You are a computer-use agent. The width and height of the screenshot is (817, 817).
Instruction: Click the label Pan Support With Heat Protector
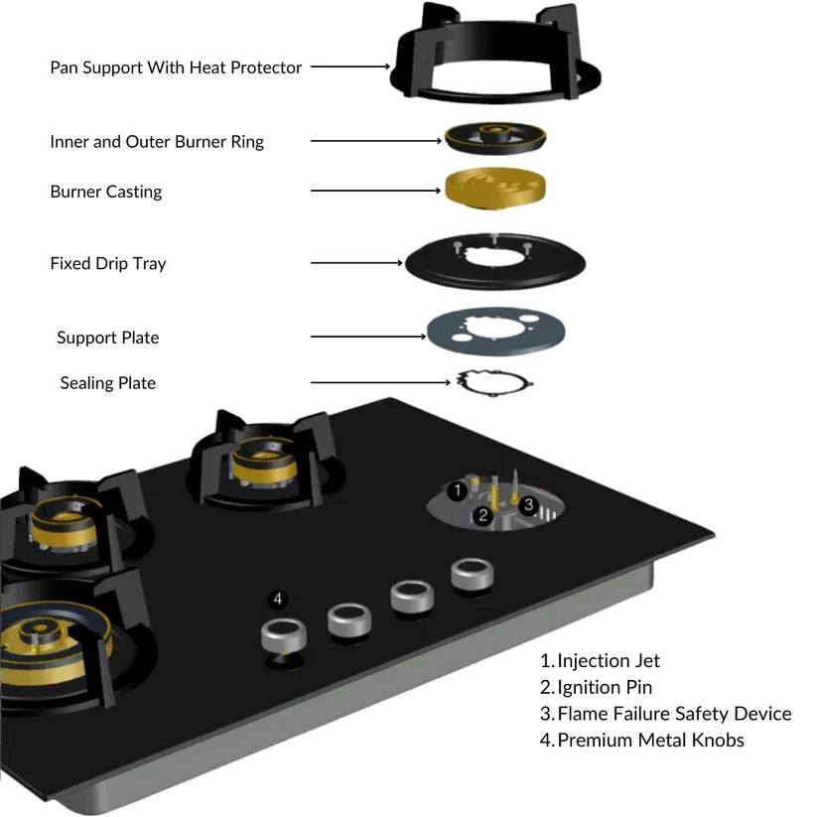click(x=176, y=68)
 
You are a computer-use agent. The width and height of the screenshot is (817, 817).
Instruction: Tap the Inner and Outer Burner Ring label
click(x=157, y=142)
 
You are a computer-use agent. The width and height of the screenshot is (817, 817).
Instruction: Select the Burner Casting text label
click(x=105, y=192)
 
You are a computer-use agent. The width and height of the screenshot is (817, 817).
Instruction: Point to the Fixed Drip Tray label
click(x=108, y=264)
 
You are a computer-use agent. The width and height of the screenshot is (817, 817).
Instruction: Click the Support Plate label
click(x=107, y=338)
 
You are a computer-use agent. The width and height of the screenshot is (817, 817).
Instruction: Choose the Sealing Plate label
click(x=107, y=383)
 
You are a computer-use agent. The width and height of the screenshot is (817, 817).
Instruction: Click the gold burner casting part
click(x=495, y=188)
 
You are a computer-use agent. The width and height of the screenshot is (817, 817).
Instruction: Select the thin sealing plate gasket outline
click(x=494, y=382)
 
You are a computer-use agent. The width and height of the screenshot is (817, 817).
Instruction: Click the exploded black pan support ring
click(x=496, y=60)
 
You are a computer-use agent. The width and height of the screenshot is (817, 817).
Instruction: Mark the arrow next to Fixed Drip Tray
click(x=357, y=263)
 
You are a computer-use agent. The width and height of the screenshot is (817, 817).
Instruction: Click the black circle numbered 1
click(x=457, y=489)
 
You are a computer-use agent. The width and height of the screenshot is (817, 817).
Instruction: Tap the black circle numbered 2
click(x=483, y=514)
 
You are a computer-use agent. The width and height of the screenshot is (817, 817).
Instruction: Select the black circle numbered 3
click(x=529, y=505)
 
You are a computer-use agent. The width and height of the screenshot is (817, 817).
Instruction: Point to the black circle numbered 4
click(x=278, y=599)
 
